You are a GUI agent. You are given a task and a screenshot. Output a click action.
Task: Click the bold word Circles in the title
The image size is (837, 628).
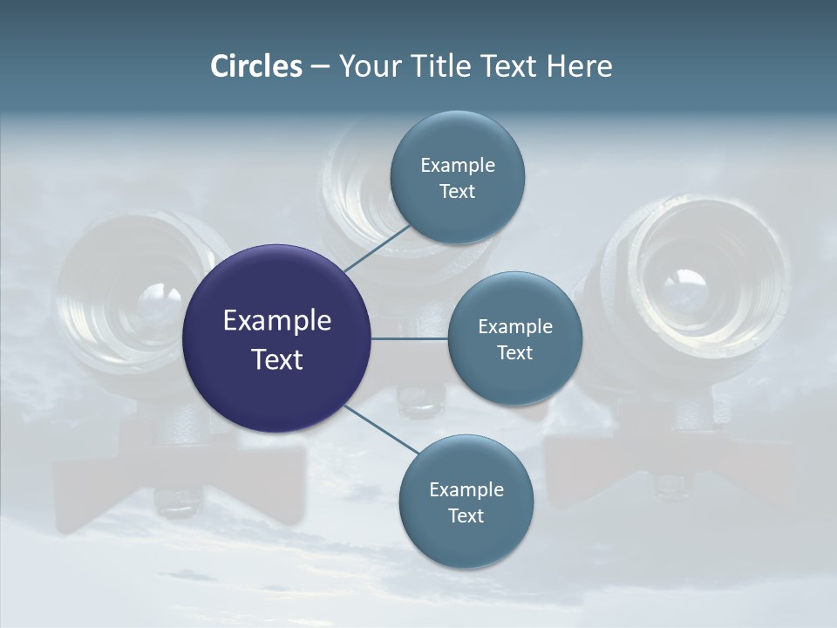click(x=255, y=66)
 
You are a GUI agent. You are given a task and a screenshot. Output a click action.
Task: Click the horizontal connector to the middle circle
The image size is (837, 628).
click(x=410, y=338)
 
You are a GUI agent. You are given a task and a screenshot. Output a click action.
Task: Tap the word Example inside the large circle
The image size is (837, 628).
click(x=276, y=321)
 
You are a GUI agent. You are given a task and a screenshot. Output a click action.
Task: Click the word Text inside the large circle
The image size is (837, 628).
click(x=276, y=359)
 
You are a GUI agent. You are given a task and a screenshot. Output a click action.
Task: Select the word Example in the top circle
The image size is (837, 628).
click(x=457, y=166)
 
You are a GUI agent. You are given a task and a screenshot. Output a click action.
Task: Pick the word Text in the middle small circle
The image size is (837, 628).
click(x=514, y=353)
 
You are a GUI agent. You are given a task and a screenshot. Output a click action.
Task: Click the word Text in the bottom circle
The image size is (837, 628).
click(x=466, y=516)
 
